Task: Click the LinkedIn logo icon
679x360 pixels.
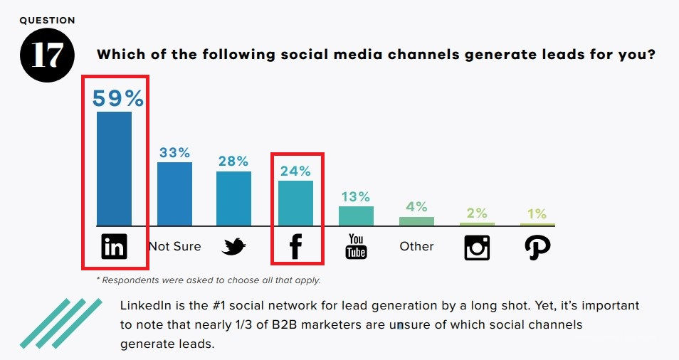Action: (114, 247)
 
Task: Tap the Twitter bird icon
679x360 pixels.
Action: (233, 247)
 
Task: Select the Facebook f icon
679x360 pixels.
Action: (295, 247)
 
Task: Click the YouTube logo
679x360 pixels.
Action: (356, 247)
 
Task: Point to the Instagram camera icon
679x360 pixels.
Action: (477, 247)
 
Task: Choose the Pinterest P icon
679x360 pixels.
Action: (537, 247)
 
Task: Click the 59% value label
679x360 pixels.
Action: (118, 97)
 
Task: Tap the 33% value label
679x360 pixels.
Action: (174, 152)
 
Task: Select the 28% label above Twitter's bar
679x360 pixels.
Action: (233, 161)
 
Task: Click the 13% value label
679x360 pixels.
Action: (355, 196)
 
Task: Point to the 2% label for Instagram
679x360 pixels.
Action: (477, 213)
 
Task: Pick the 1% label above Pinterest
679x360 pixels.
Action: (537, 213)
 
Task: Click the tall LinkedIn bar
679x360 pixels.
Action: (114, 169)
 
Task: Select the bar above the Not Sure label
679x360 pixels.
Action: (174, 194)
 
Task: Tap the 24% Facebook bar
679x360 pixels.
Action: (295, 203)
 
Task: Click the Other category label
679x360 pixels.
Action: (416, 246)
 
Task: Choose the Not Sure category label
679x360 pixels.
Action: (174, 246)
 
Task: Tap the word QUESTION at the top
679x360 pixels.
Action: (47, 21)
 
